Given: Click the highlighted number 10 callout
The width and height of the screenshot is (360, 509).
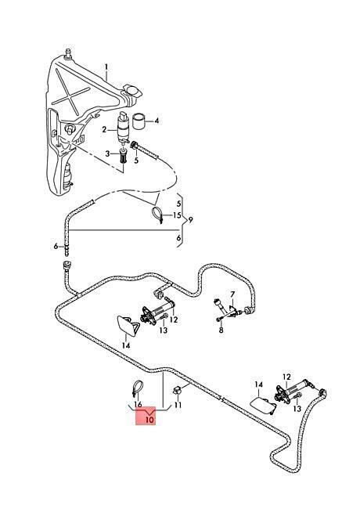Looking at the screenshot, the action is [149, 420].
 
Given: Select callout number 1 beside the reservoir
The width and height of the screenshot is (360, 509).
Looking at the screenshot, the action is [106, 67].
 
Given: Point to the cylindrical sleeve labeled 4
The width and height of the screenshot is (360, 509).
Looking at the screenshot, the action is [140, 121].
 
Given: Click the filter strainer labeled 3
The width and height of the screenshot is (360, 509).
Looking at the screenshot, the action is [123, 157].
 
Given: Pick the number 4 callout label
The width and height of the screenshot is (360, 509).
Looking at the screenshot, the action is [157, 121].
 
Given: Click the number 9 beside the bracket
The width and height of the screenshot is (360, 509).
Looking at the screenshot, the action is [190, 220].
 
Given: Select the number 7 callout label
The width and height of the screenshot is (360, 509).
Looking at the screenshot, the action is [232, 294].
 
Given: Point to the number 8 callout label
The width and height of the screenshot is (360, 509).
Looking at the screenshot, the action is [221, 330].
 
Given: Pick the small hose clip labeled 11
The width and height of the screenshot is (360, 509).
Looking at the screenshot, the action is [177, 389].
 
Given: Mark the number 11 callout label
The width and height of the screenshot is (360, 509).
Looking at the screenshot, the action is [178, 405].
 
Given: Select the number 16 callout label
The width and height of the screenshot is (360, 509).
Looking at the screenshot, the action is [138, 405].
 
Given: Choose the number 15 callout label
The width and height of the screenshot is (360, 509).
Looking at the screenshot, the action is [177, 215].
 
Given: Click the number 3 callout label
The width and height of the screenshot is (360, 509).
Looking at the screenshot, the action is [107, 153].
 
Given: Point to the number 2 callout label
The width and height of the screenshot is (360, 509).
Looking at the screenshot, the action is [104, 130].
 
